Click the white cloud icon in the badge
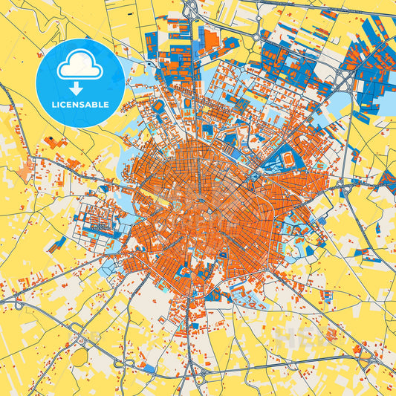tap(80, 68)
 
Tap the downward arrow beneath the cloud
tap(80, 88)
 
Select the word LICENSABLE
tap(80, 104)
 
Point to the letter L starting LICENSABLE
tap(54, 104)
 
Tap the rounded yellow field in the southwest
tap(79, 357)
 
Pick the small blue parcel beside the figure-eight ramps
tap(149, 368)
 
